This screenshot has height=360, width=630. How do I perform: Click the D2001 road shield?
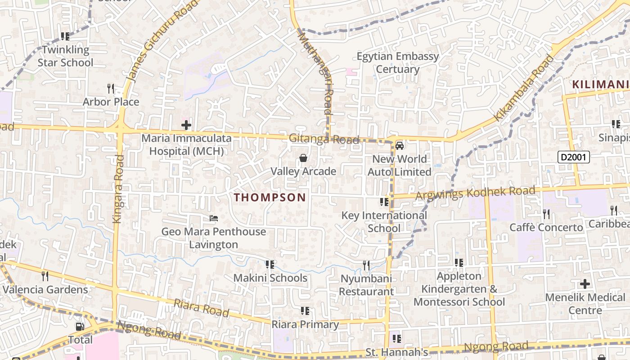573,157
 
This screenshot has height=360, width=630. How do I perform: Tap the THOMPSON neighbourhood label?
270,197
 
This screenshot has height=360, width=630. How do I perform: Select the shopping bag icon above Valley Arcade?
303,158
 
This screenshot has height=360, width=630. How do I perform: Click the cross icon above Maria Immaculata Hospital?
186,125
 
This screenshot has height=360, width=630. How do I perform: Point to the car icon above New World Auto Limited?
399,145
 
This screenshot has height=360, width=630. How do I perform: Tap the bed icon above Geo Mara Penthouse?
214,218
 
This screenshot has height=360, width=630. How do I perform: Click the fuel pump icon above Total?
80,326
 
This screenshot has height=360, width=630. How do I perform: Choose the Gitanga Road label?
324,139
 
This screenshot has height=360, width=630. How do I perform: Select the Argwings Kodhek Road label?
476,193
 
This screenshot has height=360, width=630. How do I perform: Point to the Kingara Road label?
118,189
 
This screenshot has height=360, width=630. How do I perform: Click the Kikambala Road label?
524,88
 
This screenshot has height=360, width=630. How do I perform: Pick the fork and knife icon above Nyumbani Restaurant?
366,265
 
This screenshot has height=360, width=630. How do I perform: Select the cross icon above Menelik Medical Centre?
585,284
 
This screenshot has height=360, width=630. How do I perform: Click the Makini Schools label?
270,278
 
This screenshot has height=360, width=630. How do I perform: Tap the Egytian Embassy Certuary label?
397,63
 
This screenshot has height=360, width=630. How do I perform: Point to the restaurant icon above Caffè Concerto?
546,214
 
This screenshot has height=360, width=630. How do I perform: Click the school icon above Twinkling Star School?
65,36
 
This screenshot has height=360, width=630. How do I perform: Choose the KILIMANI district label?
601,84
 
